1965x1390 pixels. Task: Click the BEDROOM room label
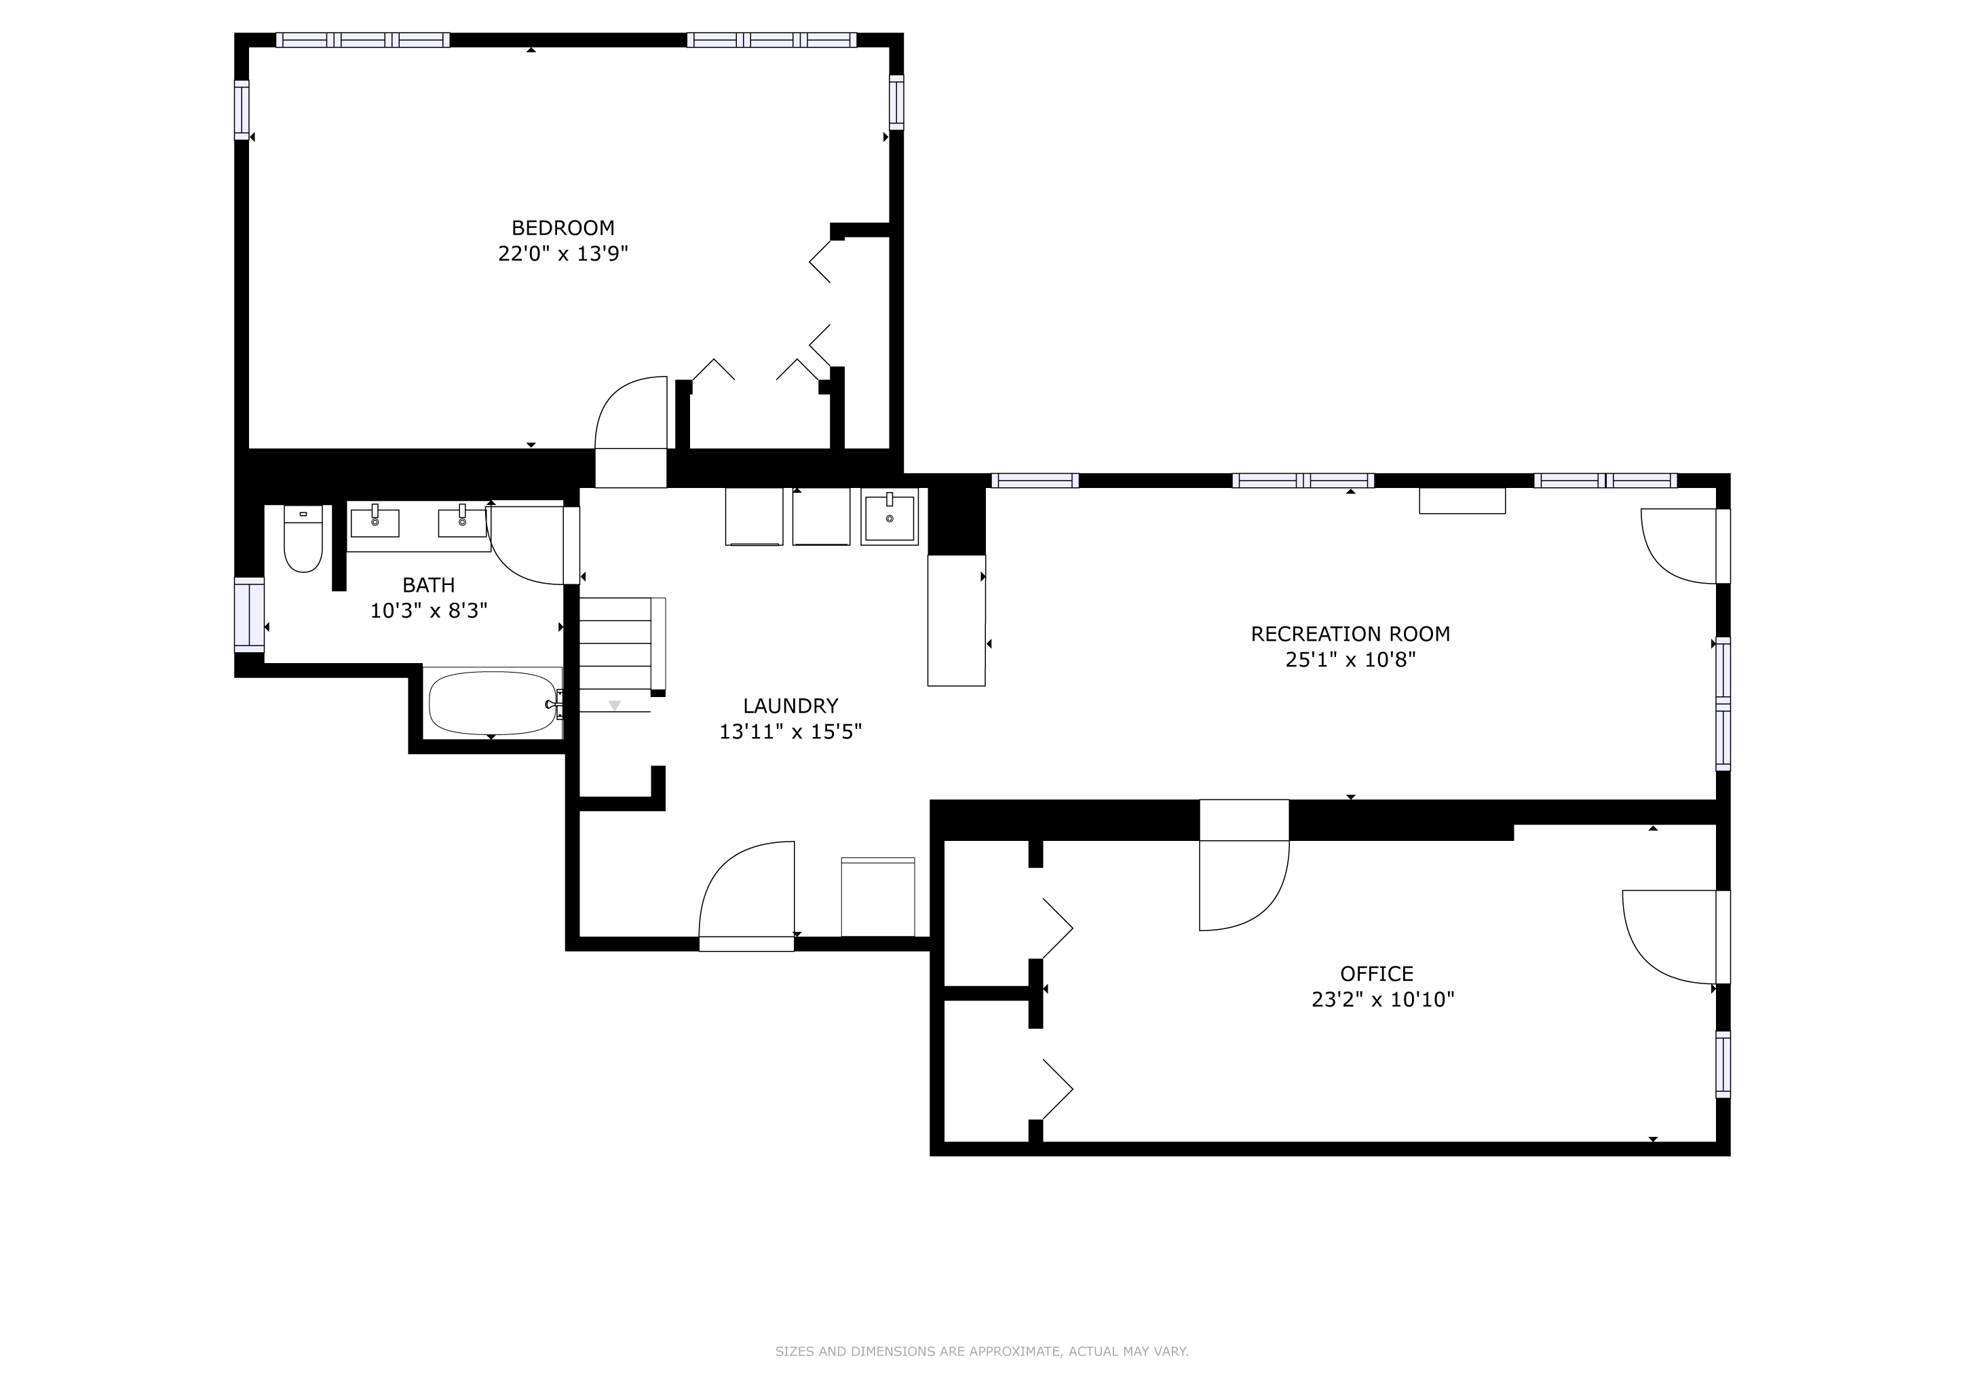pos(563,227)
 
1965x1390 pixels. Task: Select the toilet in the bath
pos(303,538)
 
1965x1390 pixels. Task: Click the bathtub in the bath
pos(493,702)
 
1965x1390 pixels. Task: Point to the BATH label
pos(429,586)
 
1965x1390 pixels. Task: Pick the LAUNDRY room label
pos(790,706)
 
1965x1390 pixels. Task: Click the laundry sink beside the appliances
pos(890,517)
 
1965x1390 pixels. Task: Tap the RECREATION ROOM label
pos(1350,634)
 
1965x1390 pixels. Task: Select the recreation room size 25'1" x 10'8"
pos(1350,660)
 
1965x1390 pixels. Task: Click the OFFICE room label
pos(1377,973)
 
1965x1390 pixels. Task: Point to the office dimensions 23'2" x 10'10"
pos(1383,999)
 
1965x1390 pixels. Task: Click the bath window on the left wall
pos(249,614)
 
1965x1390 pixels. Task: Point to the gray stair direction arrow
pos(615,705)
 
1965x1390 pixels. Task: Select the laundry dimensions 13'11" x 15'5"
pos(790,732)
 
